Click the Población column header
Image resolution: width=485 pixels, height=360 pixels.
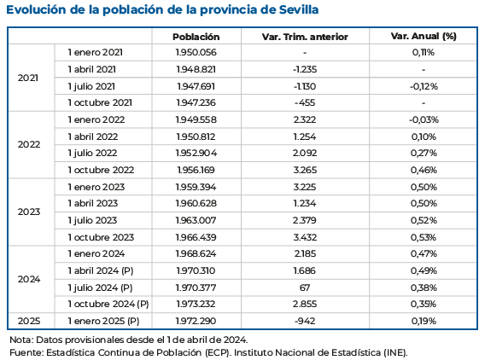(x=196, y=37)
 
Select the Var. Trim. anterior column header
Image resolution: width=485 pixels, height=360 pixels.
(x=304, y=37)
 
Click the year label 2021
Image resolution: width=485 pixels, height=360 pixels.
(x=29, y=78)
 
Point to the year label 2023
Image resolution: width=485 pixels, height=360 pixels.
(x=29, y=212)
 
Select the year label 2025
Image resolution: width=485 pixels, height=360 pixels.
(x=29, y=321)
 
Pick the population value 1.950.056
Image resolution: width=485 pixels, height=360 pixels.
(x=196, y=53)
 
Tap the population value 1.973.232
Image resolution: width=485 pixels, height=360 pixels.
(x=196, y=304)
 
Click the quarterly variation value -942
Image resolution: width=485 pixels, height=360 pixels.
(x=304, y=321)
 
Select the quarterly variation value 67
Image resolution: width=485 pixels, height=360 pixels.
(x=304, y=287)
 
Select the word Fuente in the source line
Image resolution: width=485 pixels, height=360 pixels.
(x=26, y=351)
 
